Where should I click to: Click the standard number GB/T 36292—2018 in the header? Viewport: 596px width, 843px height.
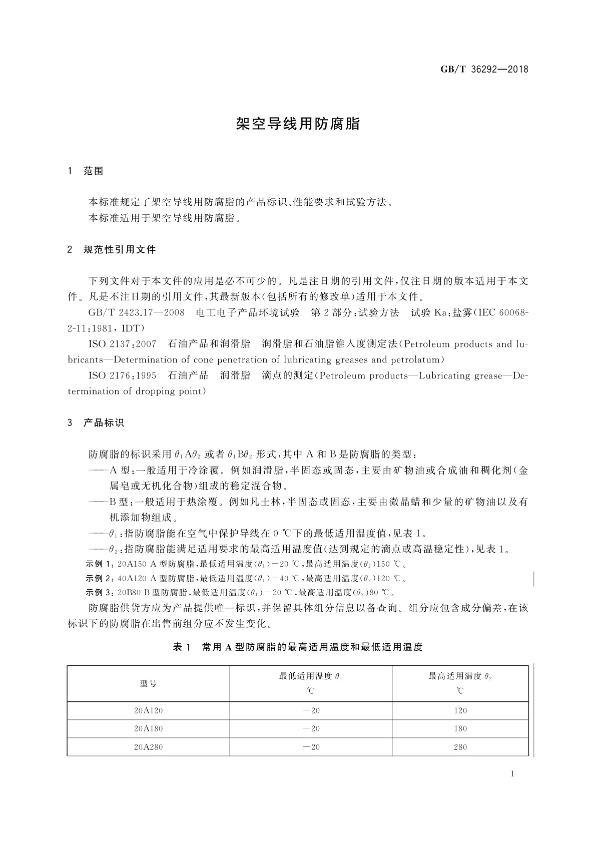[x=484, y=69]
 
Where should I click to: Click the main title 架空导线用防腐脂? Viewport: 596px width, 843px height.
[x=298, y=124]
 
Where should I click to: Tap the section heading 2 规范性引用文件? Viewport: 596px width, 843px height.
[x=112, y=249]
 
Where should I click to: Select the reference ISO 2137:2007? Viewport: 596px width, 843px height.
[x=122, y=344]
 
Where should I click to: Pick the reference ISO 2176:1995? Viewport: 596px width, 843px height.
[x=122, y=375]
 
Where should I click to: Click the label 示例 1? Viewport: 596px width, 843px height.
[x=101, y=564]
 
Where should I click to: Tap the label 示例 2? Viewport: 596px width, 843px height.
[x=101, y=579]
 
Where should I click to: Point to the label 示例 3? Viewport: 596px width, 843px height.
[x=101, y=593]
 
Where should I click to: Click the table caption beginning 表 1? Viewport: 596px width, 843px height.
[x=298, y=647]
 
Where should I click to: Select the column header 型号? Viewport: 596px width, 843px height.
[x=148, y=683]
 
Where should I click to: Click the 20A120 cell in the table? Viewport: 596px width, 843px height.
[x=148, y=710]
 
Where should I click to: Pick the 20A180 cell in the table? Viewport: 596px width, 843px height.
[x=148, y=729]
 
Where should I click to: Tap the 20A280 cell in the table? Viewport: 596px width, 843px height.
[x=148, y=747]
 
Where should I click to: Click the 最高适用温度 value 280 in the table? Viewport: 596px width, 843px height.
[x=460, y=747]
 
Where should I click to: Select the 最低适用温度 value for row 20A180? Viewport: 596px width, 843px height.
[x=311, y=729]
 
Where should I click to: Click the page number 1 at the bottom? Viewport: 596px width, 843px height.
[x=512, y=774]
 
